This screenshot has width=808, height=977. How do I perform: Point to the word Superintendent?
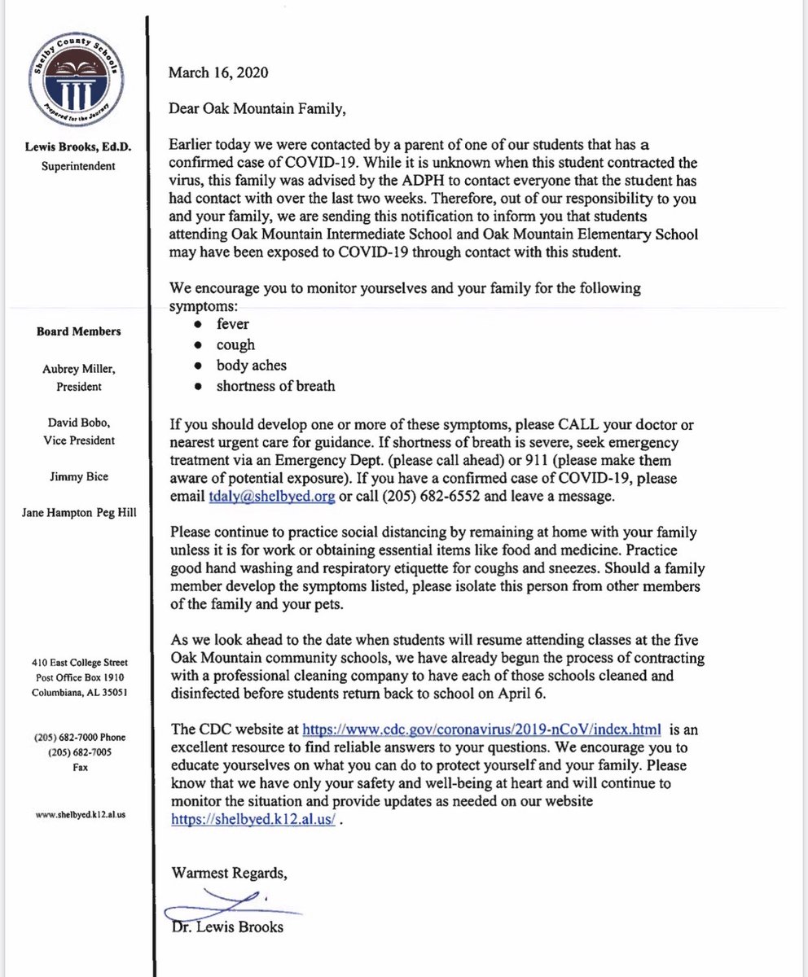coord(80,166)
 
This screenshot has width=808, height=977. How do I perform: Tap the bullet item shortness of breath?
coord(275,386)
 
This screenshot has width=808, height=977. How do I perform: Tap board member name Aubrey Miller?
coord(80,370)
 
